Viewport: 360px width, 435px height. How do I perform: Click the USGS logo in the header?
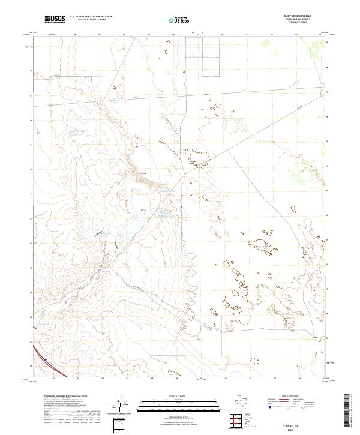click(55, 20)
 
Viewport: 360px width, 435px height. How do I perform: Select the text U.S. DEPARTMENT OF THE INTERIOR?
click(91, 17)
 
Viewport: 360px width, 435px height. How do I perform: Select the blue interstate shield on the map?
click(45, 360)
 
